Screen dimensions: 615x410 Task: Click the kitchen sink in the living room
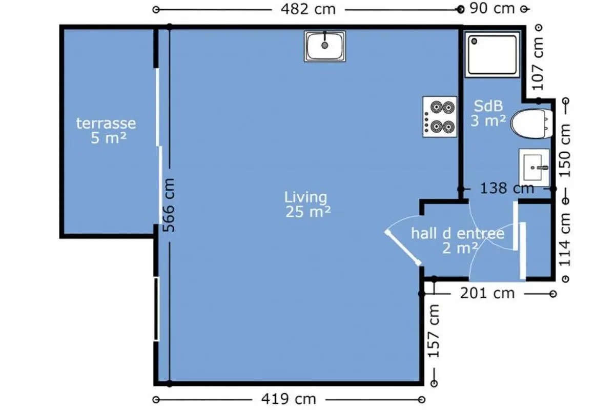click(x=325, y=46)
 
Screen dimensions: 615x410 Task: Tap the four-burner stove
click(x=440, y=117)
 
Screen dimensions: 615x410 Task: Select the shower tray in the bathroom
click(x=493, y=55)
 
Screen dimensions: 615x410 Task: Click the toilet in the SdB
click(x=532, y=124)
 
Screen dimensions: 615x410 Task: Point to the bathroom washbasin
click(x=534, y=167)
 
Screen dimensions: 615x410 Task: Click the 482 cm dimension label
click(x=308, y=10)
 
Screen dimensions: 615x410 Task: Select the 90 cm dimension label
click(x=492, y=9)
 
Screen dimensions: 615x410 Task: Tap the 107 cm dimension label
click(x=538, y=64)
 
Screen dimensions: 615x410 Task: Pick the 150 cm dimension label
click(x=565, y=151)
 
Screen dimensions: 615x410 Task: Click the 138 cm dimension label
click(x=507, y=189)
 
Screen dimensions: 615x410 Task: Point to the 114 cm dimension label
click(x=565, y=240)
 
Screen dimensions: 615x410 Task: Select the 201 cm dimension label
click(x=487, y=294)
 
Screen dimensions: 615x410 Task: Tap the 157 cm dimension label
click(x=434, y=331)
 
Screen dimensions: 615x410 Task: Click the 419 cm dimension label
click(x=289, y=399)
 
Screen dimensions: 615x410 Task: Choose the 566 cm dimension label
click(x=168, y=205)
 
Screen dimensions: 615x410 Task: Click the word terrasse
click(x=106, y=124)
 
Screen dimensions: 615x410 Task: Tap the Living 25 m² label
click(x=308, y=204)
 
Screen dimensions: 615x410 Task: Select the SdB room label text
click(x=488, y=106)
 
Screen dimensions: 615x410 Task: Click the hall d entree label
click(x=458, y=234)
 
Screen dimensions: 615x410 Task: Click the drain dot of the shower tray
click(x=474, y=41)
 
